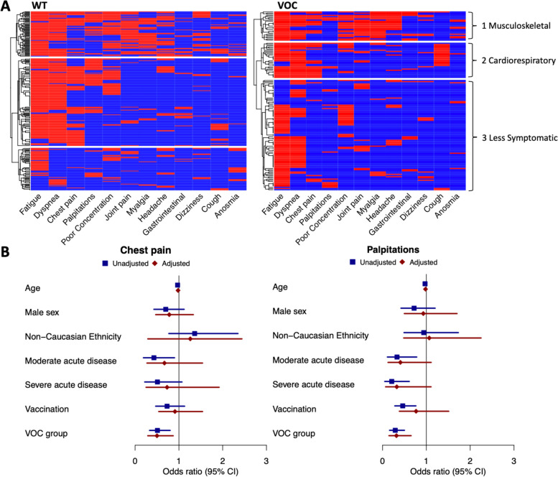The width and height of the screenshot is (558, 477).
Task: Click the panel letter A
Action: (x=6, y=6)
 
